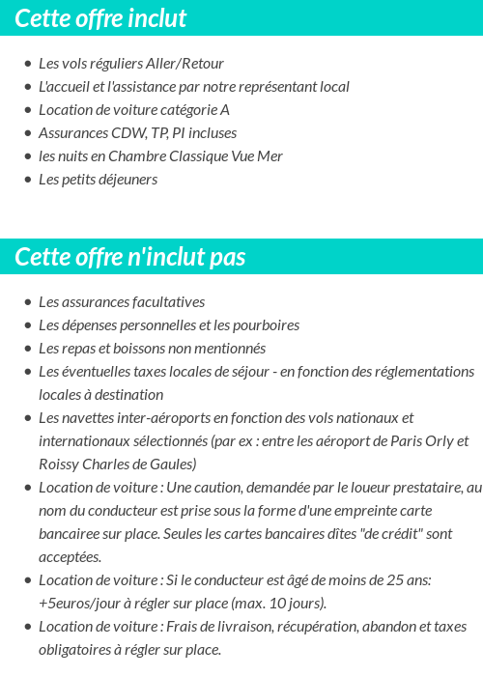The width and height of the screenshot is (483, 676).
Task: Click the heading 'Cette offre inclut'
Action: tap(100, 18)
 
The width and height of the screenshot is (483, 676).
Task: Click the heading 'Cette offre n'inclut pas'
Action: tap(130, 257)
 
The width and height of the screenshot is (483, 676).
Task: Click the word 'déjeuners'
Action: tap(127, 180)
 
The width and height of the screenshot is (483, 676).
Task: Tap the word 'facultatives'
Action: tap(164, 302)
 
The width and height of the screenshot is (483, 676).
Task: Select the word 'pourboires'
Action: tap(264, 325)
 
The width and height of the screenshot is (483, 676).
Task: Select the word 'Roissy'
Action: tap(60, 465)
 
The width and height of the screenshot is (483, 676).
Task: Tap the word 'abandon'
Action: tap(389, 627)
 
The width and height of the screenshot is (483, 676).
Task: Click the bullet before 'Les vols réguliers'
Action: tap(27, 65)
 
